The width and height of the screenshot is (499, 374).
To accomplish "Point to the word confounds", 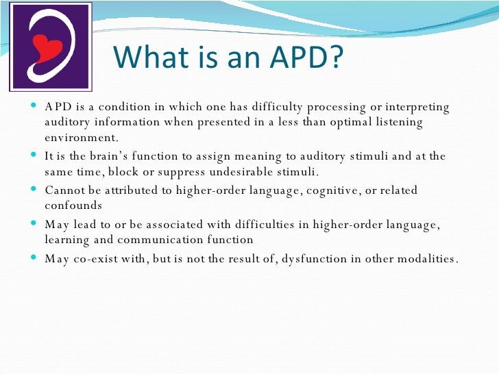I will tap(73, 205).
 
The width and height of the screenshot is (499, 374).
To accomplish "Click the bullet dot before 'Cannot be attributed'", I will tap(36, 190).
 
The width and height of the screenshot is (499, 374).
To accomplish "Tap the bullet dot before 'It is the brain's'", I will tap(36, 156).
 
